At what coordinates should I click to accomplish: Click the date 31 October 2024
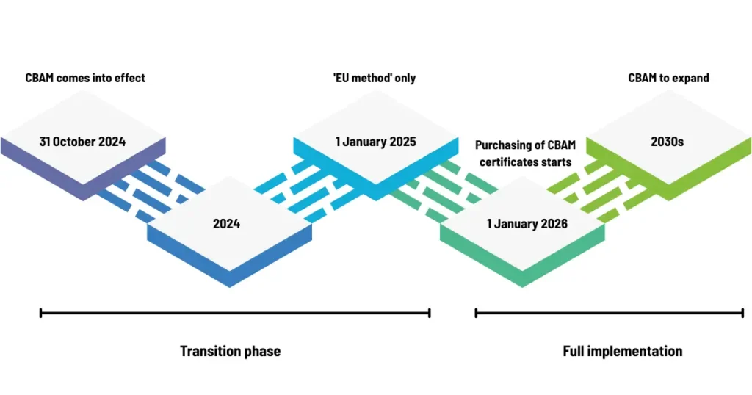(82, 142)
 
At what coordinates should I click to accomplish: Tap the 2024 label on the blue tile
(226, 224)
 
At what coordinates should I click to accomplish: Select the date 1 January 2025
(375, 142)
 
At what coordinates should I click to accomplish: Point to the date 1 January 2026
(527, 224)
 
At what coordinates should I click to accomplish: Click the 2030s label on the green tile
(667, 142)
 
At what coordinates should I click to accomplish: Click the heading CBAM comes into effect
(85, 78)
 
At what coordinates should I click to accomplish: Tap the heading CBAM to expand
(668, 78)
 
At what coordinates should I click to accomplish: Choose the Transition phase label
(230, 351)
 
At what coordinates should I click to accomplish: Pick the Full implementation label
(622, 351)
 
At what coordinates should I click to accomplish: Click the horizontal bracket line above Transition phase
(235, 314)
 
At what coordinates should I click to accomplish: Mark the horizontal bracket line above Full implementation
(610, 314)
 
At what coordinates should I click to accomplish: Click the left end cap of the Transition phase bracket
(41, 314)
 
